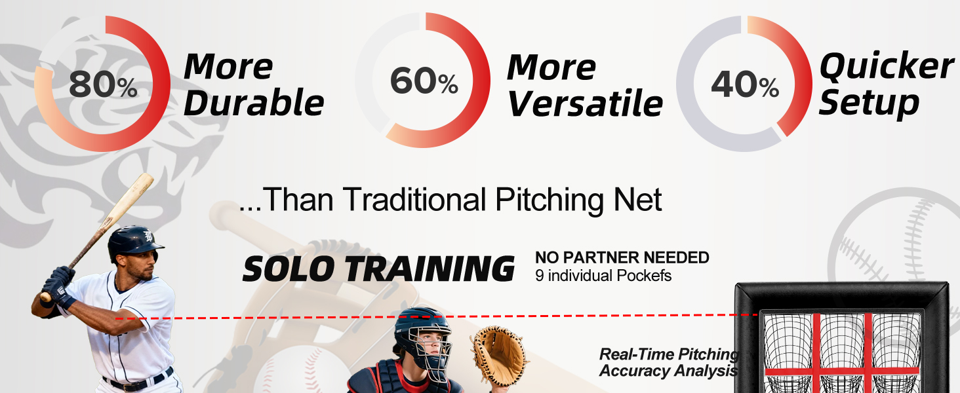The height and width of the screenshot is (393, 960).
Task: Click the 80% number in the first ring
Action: coord(103,84)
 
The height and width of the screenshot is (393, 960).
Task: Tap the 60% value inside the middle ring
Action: coord(424,81)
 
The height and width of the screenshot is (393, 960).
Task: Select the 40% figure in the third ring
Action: coord(745,84)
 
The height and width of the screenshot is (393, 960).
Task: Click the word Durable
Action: coord(254,103)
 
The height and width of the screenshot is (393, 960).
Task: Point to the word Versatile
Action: coord(585,103)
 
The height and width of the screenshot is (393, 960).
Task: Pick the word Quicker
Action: coord(887,66)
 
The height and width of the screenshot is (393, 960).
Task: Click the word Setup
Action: coord(869,103)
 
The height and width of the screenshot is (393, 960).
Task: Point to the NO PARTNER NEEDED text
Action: coord(622,257)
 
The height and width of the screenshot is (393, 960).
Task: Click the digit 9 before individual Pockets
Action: coord(540,276)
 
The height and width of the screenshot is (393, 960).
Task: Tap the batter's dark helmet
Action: coord(134,242)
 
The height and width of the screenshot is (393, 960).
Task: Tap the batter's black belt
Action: coord(138,380)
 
